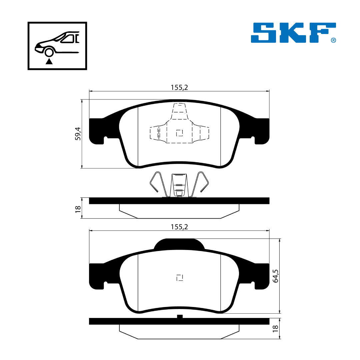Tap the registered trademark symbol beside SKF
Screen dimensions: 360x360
click(333, 40)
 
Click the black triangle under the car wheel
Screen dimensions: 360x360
click(49, 61)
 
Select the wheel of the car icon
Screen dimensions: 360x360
click(49, 53)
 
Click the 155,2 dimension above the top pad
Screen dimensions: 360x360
click(179, 87)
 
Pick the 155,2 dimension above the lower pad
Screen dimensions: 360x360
click(179, 227)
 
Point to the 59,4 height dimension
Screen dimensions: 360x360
click(78, 134)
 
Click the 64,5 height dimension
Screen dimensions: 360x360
click(276, 276)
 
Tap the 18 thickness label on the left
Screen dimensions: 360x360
click(78, 209)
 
